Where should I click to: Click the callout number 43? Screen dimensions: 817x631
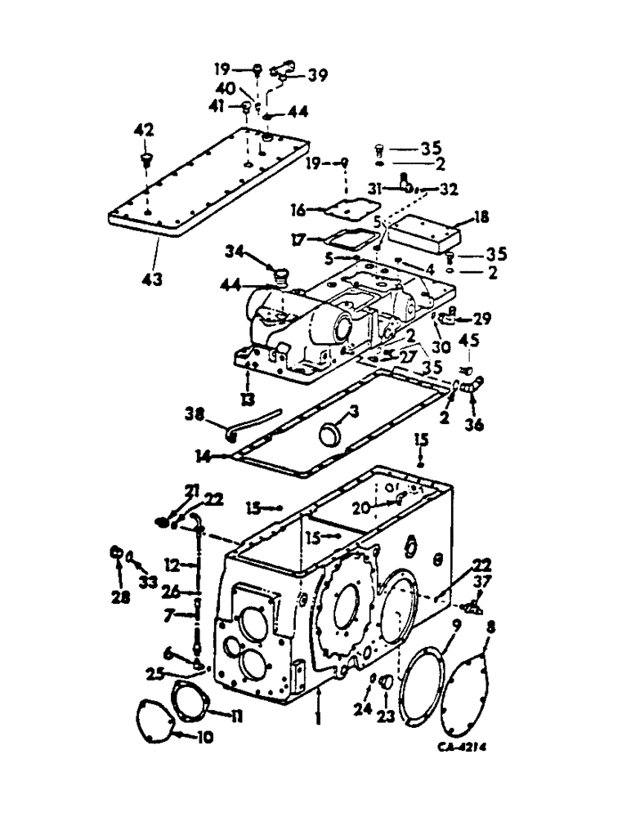tap(150, 278)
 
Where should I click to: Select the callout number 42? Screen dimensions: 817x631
tap(144, 131)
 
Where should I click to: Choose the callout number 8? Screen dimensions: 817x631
tap(490, 629)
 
